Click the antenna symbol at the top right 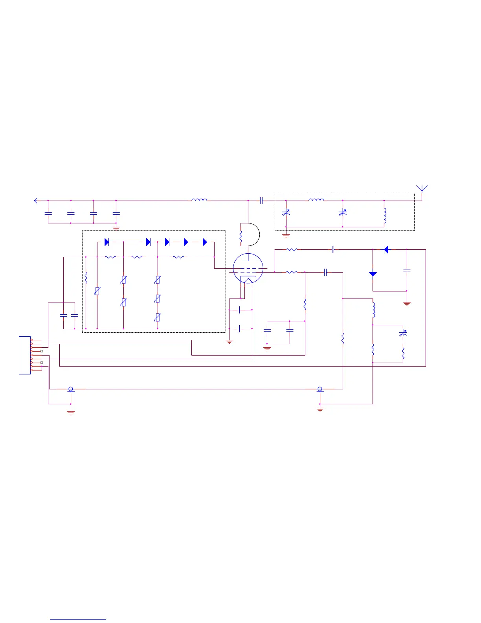[422, 189]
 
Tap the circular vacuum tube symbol [248, 269]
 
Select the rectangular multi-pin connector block [25, 355]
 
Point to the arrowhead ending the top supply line [36, 201]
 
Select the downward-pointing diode [373, 274]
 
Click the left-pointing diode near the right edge [386, 249]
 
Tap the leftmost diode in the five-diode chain [106, 242]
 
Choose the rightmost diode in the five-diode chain [205, 242]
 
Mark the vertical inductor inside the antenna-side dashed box [385, 216]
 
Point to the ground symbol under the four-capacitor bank [116, 228]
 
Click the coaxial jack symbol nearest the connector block [71, 389]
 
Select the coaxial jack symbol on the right [320, 389]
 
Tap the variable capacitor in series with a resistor [403, 333]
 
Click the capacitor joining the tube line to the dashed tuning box [261, 201]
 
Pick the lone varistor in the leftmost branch [97, 291]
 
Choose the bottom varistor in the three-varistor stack [158, 317]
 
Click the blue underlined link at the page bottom [78, 619]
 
